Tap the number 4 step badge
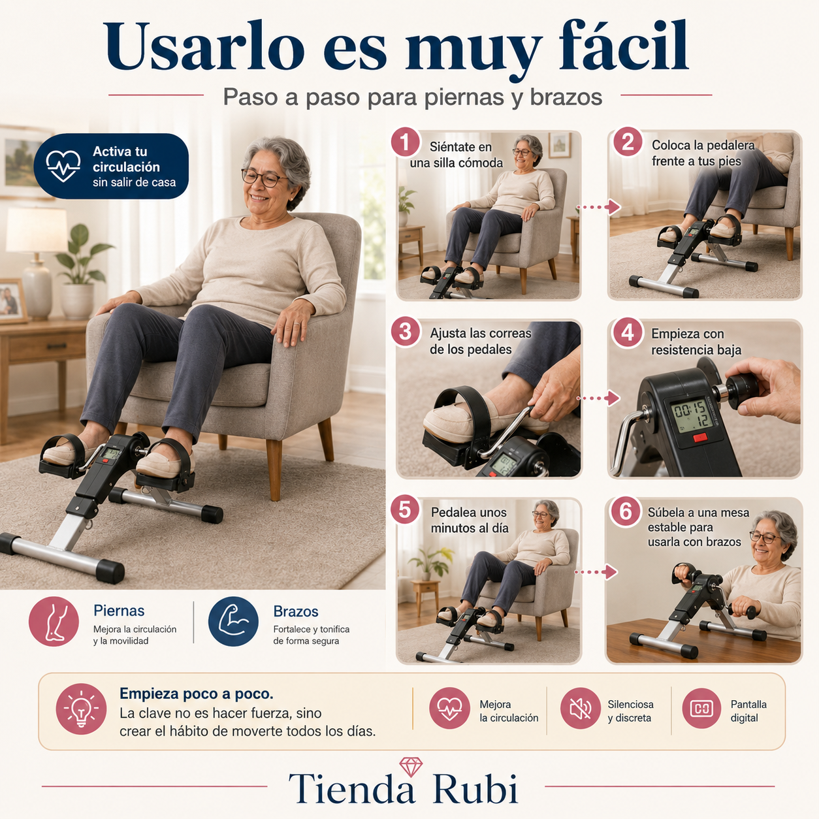click(628, 333)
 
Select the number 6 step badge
click(625, 511)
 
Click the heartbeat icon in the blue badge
click(63, 166)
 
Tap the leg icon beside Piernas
click(54, 621)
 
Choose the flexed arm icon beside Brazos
click(233, 621)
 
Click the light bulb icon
click(81, 709)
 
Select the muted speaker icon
click(580, 708)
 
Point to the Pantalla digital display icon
click(701, 708)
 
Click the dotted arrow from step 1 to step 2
click(598, 208)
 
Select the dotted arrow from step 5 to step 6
click(596, 571)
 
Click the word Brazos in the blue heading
click(296, 611)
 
